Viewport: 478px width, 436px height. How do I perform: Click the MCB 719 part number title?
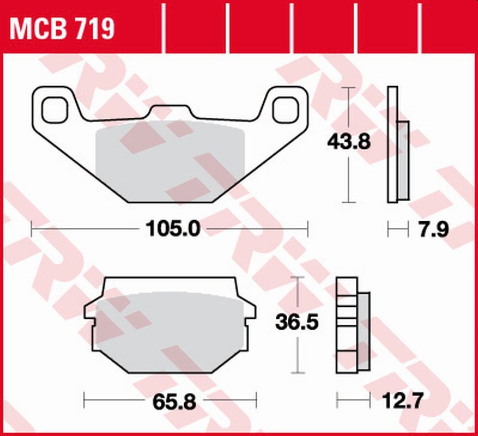pyautogui.click(x=62, y=28)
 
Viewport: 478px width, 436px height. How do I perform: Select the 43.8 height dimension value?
pyautogui.click(x=349, y=143)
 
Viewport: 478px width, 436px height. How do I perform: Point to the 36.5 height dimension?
pyautogui.click(x=297, y=322)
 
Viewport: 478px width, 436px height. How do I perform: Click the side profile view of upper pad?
pyautogui.click(x=397, y=144)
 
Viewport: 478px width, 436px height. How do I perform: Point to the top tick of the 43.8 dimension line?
pyautogui.click(x=348, y=87)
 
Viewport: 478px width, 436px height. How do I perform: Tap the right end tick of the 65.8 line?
pyautogui.click(x=256, y=402)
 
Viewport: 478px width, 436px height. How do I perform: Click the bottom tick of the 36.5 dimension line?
pyautogui.click(x=297, y=373)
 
